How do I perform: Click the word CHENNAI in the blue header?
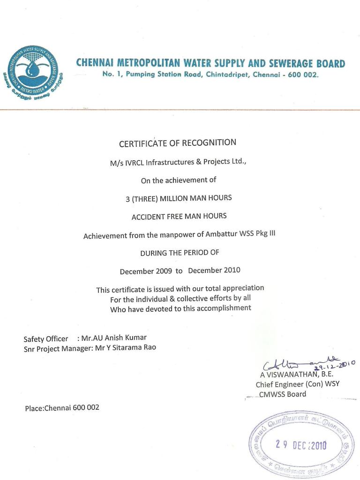pos(96,63)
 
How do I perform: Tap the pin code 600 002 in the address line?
pos(302,75)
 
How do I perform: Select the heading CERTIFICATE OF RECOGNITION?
pos(178,142)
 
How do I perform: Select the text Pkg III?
pos(265,233)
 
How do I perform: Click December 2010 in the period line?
pos(214,270)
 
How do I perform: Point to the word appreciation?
pos(243,288)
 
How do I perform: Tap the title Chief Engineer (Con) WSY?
pos(297,384)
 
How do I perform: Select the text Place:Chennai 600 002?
pos(62,408)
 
